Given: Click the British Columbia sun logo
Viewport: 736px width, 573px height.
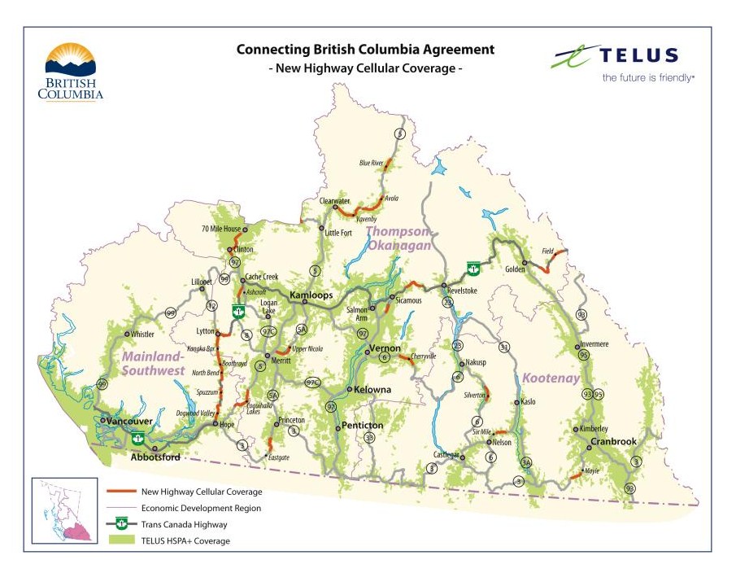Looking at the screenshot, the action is [70, 60].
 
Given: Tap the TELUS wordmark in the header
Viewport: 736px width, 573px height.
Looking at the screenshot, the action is [638, 55].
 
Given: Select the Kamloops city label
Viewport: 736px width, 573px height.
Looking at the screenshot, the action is [311, 295].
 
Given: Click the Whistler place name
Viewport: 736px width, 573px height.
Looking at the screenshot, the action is [142, 334].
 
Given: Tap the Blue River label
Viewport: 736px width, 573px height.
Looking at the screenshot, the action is [371, 163].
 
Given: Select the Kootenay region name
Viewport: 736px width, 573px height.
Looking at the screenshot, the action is [551, 378].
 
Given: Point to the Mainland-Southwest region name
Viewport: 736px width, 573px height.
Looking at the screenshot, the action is [153, 364].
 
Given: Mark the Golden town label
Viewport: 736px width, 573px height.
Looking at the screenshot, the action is [514, 269].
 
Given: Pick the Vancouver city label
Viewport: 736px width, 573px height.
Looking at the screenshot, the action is [130, 421].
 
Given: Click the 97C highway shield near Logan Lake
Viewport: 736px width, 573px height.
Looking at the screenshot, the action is [269, 332].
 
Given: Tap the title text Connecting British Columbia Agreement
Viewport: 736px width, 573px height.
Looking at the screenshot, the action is [364, 50].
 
